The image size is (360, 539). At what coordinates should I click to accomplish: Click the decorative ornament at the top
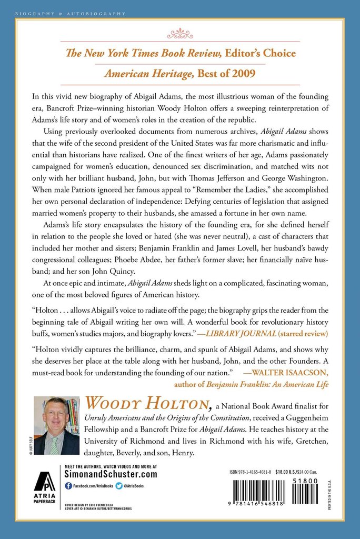(181, 33)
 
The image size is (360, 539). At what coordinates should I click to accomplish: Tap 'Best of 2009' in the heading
(226, 74)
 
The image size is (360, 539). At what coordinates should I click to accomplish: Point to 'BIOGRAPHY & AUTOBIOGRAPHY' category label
(71, 13)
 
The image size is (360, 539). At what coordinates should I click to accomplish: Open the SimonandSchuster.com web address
(111, 474)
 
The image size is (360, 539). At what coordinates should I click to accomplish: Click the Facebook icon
(68, 485)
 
